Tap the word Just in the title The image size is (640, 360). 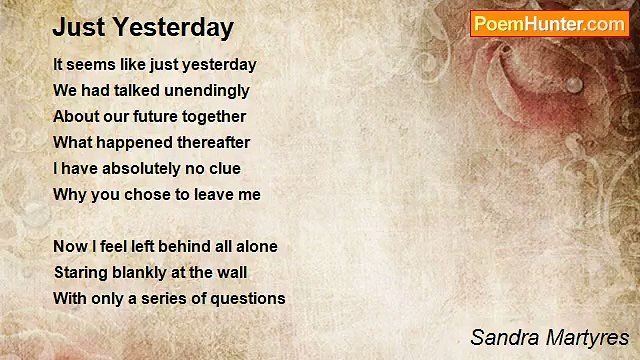click(77, 27)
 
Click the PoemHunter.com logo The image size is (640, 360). click(549, 24)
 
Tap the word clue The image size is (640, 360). click(224, 168)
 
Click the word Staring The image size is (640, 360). click(79, 272)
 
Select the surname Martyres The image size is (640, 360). click(584, 336)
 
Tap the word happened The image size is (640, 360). click(122, 142)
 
